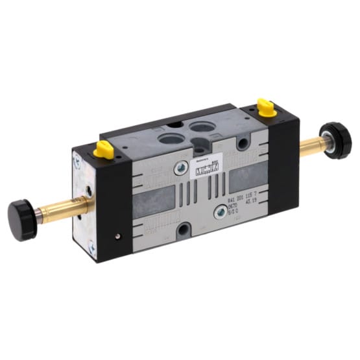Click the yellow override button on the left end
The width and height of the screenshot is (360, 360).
(104, 149)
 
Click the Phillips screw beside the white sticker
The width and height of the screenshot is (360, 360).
(179, 171)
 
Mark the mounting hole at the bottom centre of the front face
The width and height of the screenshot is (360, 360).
(186, 228)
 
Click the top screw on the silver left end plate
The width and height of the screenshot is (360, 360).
(79, 156)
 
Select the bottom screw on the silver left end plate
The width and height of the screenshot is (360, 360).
(92, 247)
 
